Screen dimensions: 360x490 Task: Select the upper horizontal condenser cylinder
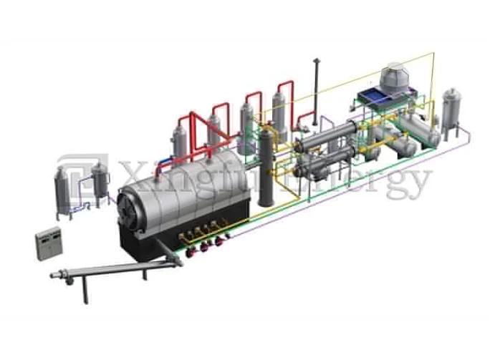[x=327, y=135]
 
